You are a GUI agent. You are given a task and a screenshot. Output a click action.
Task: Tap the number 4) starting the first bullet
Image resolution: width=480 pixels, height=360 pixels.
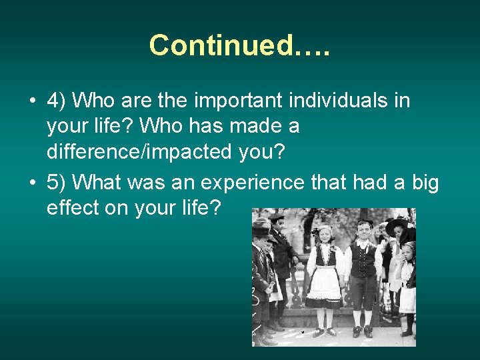tap(57, 101)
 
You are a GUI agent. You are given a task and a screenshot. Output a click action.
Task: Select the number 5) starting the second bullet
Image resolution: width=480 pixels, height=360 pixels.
tap(57, 182)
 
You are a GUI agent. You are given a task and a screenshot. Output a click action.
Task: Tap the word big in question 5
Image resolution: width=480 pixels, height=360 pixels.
tap(423, 182)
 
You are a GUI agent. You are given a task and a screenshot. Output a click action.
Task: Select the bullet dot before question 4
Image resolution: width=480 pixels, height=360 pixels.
tap(32, 101)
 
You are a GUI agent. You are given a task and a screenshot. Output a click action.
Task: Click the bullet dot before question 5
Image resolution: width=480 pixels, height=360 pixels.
tap(32, 183)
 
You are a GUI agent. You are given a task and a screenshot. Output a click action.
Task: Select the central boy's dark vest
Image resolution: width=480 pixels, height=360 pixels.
tap(364, 261)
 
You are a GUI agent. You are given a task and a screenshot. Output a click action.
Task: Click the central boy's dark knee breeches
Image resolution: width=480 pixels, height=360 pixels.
tap(363, 291)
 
